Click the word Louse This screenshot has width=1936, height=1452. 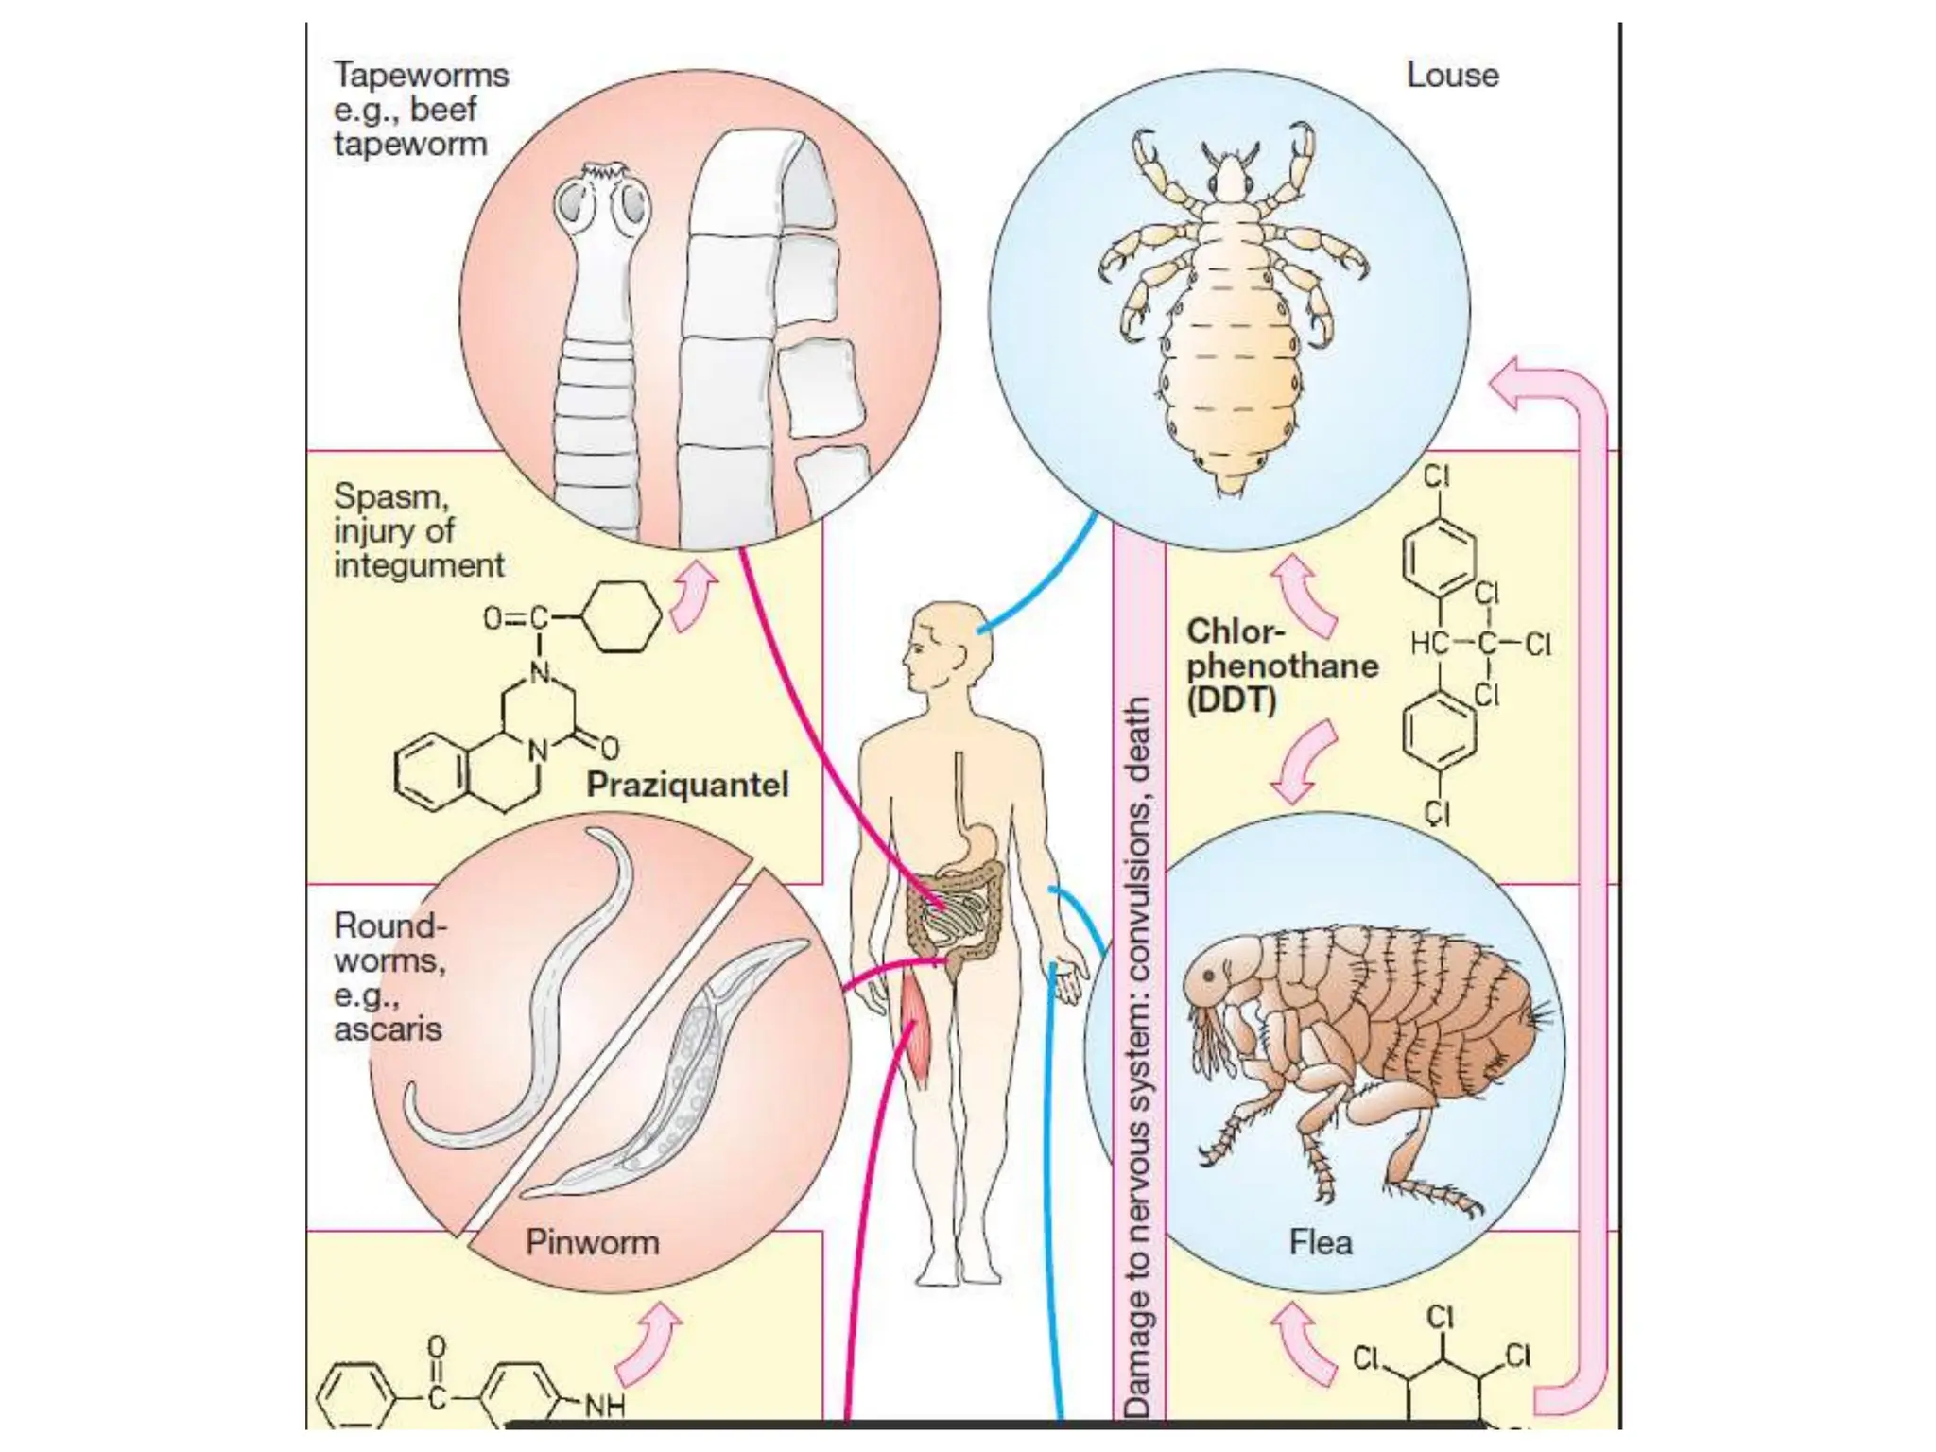[1452, 76]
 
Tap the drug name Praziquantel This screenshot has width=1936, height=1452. [687, 785]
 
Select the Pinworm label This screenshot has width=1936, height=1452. [592, 1242]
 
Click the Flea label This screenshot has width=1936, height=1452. [1321, 1242]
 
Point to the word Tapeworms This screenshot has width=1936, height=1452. [421, 75]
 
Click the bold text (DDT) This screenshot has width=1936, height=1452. [1232, 700]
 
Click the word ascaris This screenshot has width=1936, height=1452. [388, 1028]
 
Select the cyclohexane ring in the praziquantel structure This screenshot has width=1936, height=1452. [621, 617]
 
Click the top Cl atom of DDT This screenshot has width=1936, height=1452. [1437, 475]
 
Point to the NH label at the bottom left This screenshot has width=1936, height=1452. [605, 1407]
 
